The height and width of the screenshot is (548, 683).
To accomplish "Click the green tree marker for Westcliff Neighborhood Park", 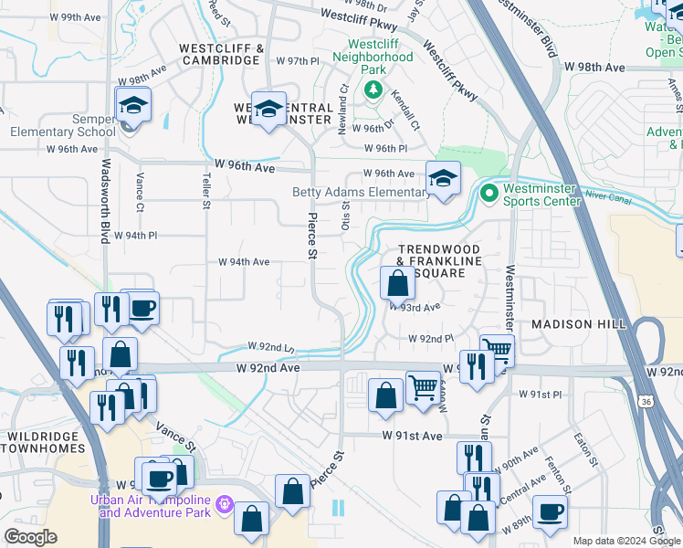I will pos(373,90).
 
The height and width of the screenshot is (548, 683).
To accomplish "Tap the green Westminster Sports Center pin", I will pos(489,193).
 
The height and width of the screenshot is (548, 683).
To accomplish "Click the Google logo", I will pos(30,537).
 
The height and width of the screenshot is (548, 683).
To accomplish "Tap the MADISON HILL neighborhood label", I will pos(578,324).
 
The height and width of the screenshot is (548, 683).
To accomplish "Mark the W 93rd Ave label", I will pos(415,308).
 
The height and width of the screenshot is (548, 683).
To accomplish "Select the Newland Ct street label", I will pos(343,111).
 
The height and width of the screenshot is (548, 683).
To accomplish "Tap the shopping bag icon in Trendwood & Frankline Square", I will pos(397,284).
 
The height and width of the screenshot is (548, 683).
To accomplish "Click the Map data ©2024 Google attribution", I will pos(625,541).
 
